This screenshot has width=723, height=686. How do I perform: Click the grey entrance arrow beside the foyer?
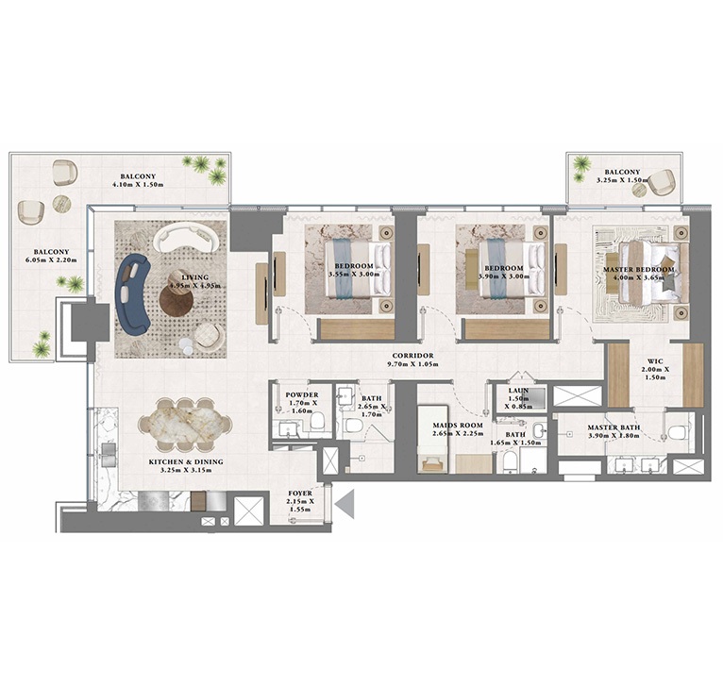[x=345, y=505]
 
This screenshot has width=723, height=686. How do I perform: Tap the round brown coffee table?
[x=177, y=301]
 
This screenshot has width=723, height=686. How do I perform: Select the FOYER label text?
[x=304, y=494]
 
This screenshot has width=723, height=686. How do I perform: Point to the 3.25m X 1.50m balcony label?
[x=625, y=177]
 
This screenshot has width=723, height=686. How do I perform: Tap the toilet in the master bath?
[x=676, y=432]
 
